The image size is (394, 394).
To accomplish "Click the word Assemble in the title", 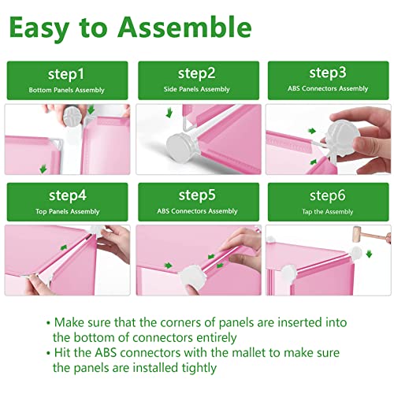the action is (x=184, y=28).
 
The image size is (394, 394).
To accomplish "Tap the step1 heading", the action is (x=66, y=74).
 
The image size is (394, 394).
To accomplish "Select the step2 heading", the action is (x=197, y=73).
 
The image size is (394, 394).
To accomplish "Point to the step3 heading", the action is (x=328, y=72).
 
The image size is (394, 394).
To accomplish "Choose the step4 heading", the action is (x=68, y=195).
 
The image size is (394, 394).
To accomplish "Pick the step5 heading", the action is (x=197, y=195).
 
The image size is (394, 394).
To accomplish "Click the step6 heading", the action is (x=328, y=195).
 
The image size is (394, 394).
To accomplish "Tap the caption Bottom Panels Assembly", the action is (x=66, y=90).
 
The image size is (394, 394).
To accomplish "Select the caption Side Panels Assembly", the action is (x=197, y=89).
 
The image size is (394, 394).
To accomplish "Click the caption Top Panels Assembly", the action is (x=68, y=211).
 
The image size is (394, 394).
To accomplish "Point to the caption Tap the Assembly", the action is (x=328, y=212).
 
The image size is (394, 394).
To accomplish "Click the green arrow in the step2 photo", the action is (x=169, y=113).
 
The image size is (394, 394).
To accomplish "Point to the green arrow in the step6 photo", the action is (x=369, y=254).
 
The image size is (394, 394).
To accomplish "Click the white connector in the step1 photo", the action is (x=72, y=116).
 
